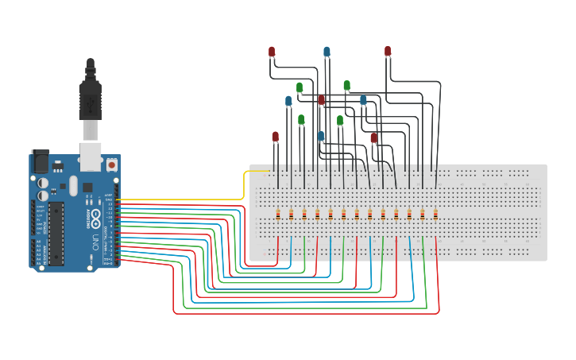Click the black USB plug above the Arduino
tap(90, 99)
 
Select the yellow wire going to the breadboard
tap(183, 199)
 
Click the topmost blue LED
tap(327, 52)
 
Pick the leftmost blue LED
tap(288, 101)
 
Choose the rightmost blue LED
tap(363, 100)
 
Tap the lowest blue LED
tap(321, 136)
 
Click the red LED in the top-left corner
tap(272, 52)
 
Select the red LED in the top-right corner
tap(388, 52)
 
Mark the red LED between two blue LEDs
tap(322, 100)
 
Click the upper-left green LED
tap(300, 87)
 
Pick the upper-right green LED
tap(346, 85)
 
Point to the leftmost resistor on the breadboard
tap(278, 214)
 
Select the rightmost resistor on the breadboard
tap(435, 214)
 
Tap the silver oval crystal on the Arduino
tap(73, 185)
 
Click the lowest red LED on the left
tap(276, 137)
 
